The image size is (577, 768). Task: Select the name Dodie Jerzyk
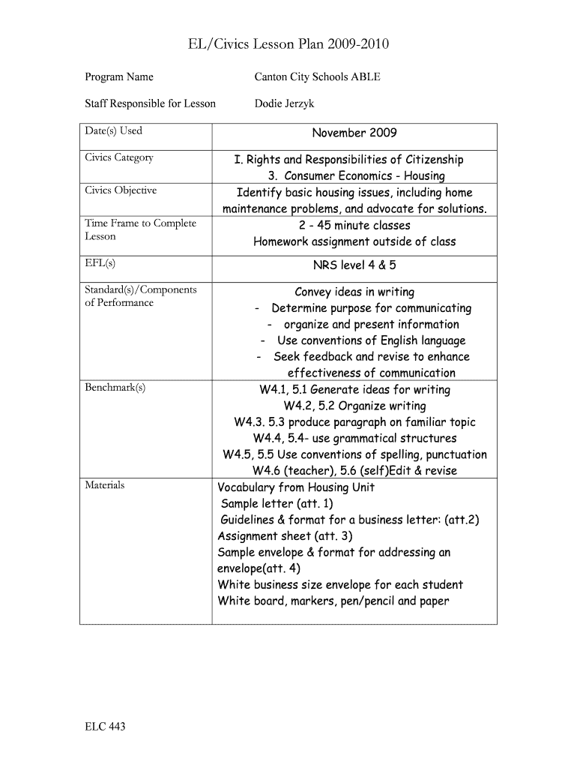point(284,103)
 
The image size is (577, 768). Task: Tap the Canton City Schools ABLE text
point(317,76)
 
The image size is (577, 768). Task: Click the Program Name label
point(118,76)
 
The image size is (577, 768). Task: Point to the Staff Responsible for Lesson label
point(150,103)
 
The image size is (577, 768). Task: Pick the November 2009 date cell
point(354,133)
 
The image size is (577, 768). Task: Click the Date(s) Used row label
point(113,130)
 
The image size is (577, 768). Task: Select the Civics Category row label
point(119,157)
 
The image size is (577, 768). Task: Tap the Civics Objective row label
point(121,190)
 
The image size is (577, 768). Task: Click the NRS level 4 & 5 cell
point(354,265)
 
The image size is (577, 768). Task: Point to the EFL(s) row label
point(100,263)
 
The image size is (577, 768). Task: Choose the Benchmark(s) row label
point(115,387)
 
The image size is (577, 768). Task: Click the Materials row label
point(104,485)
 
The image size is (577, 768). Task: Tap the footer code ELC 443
point(105,726)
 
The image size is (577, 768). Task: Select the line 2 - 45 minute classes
point(354,225)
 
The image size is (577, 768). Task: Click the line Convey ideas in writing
point(354,292)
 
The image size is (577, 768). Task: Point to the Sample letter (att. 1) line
point(277,503)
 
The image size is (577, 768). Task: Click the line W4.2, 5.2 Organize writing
point(354,406)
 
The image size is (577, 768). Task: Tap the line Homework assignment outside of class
point(354,241)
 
